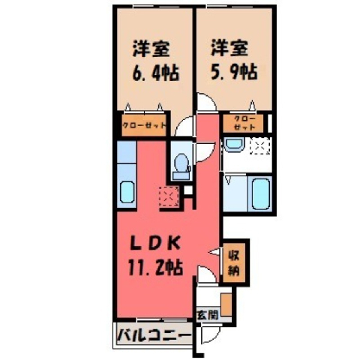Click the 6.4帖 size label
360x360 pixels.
click(155, 73)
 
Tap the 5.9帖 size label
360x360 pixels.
click(234, 72)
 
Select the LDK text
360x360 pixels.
click(155, 244)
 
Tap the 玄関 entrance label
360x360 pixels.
click(208, 315)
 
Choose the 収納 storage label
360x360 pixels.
click(234, 262)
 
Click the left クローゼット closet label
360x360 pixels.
click(144, 125)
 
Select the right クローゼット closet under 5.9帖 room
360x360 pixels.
click(244, 123)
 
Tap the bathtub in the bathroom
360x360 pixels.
click(261, 194)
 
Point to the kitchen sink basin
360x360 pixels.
click(127, 192)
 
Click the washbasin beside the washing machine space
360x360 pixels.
click(234, 144)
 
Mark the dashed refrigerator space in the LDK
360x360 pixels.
click(169, 196)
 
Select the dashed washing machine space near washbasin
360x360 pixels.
click(261, 145)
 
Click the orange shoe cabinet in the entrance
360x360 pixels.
click(226, 304)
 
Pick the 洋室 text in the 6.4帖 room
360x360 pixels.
click(151, 49)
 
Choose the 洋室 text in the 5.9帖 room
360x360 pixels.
click(229, 48)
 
